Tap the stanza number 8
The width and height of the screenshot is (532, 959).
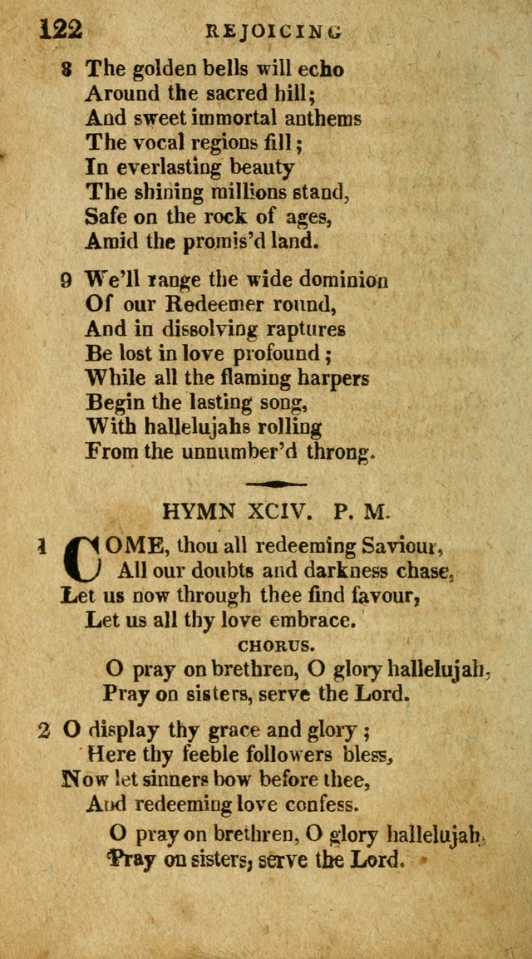click(x=66, y=70)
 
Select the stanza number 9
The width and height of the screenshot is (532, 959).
click(x=66, y=280)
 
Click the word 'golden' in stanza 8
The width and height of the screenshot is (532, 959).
click(x=162, y=69)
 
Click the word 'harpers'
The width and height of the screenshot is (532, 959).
click(x=322, y=379)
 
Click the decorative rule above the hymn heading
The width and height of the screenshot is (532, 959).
click(x=277, y=484)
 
